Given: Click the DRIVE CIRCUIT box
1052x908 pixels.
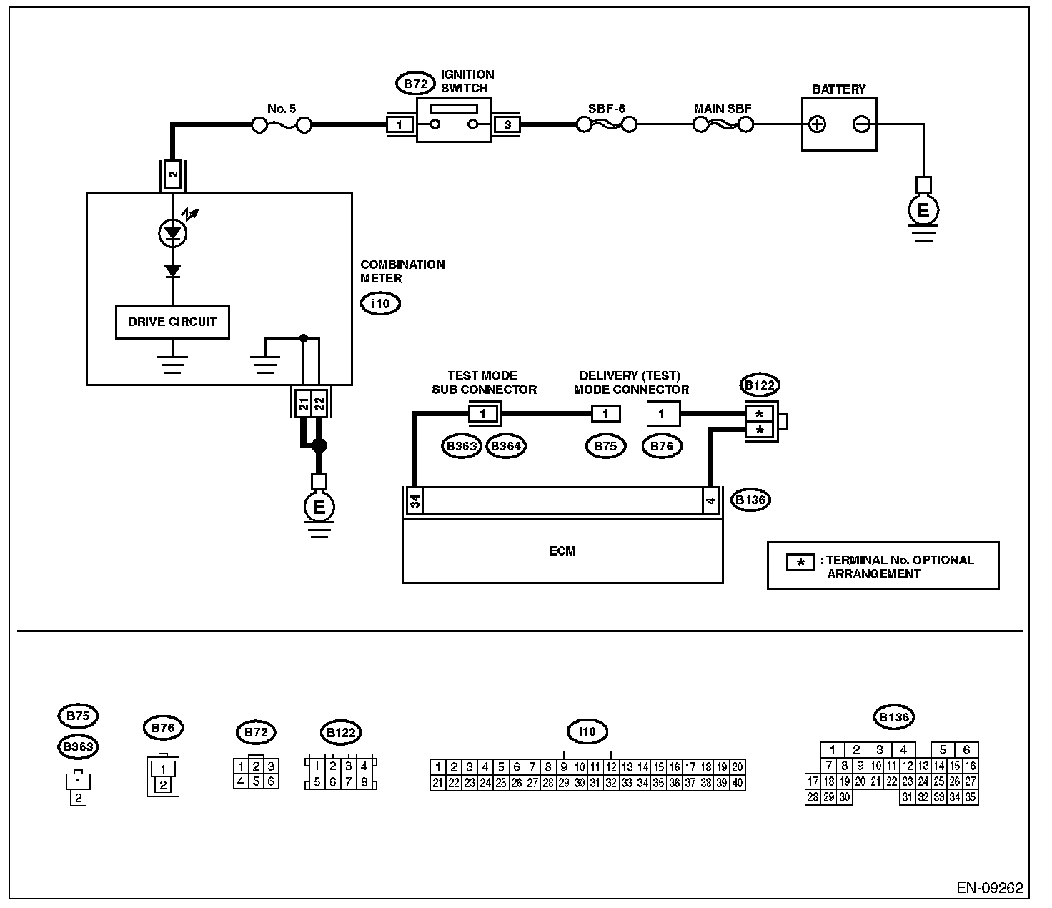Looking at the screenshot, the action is [x=172, y=322].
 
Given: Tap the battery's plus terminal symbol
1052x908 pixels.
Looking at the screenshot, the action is [x=817, y=124].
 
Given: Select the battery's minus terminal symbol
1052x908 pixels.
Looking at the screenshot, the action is [x=861, y=124].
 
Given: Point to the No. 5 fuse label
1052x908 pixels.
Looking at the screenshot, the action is [x=282, y=109].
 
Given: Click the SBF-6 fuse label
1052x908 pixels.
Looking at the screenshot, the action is [x=606, y=109].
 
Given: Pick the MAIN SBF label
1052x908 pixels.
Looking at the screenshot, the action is [x=723, y=109].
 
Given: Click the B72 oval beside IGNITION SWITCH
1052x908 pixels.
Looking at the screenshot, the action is [x=415, y=84].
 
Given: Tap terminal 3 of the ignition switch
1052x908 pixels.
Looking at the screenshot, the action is [x=507, y=125].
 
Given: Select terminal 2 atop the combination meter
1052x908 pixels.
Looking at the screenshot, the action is [x=172, y=174].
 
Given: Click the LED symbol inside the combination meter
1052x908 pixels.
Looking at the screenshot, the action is [x=173, y=233].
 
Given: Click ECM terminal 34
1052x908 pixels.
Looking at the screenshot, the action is [x=415, y=501].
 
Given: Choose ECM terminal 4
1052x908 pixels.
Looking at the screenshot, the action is [x=710, y=500].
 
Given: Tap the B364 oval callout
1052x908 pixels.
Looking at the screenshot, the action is [x=506, y=446].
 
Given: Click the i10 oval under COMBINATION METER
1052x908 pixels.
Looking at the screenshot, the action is [x=380, y=304].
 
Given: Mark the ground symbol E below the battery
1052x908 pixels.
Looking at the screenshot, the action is [x=923, y=209].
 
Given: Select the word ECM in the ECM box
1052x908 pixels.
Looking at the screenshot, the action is [x=562, y=551].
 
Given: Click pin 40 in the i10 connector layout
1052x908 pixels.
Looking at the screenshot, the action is [x=738, y=783].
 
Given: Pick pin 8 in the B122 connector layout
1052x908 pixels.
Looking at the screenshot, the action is [x=364, y=781].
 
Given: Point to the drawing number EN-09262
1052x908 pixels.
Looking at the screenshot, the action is [x=989, y=888].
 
